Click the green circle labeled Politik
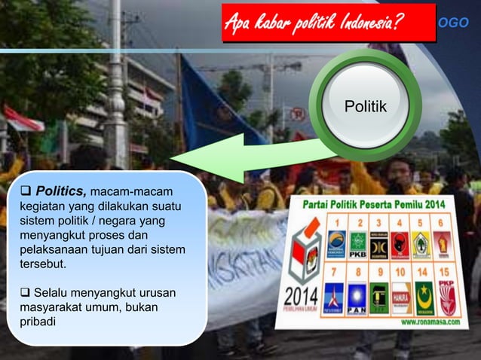(365, 108)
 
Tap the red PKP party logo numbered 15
(448, 299)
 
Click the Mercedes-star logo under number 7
(335, 297)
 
